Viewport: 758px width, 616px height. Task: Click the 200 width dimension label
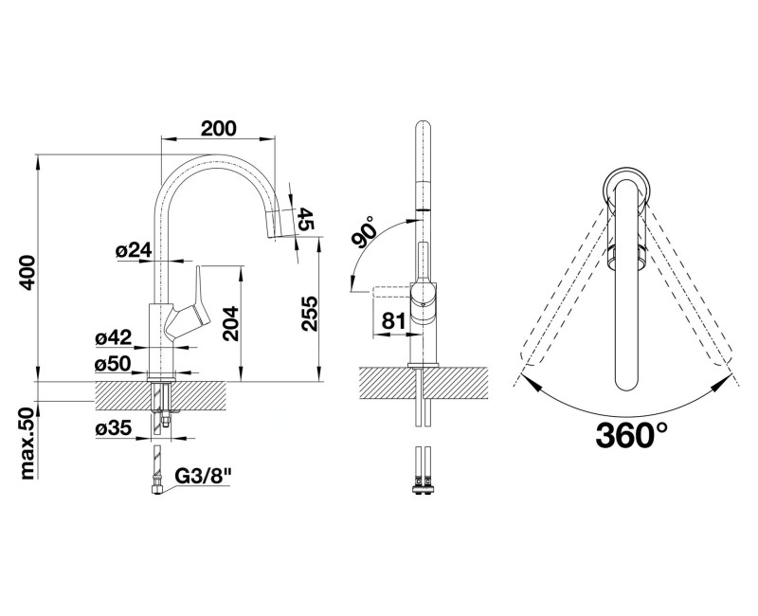pyautogui.click(x=219, y=128)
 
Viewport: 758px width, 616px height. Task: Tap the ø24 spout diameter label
pyautogui.click(x=134, y=250)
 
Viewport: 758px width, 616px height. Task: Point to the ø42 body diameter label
pyautogui.click(x=113, y=337)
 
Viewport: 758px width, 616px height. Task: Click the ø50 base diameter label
pyautogui.click(x=113, y=364)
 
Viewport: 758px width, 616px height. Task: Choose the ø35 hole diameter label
pyautogui.click(x=113, y=428)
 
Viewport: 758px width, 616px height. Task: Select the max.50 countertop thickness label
pyautogui.click(x=29, y=444)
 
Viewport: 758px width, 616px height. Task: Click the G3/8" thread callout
pyautogui.click(x=203, y=477)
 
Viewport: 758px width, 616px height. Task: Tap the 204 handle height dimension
pyautogui.click(x=231, y=323)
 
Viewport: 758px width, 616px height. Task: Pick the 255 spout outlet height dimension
pyautogui.click(x=309, y=314)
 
